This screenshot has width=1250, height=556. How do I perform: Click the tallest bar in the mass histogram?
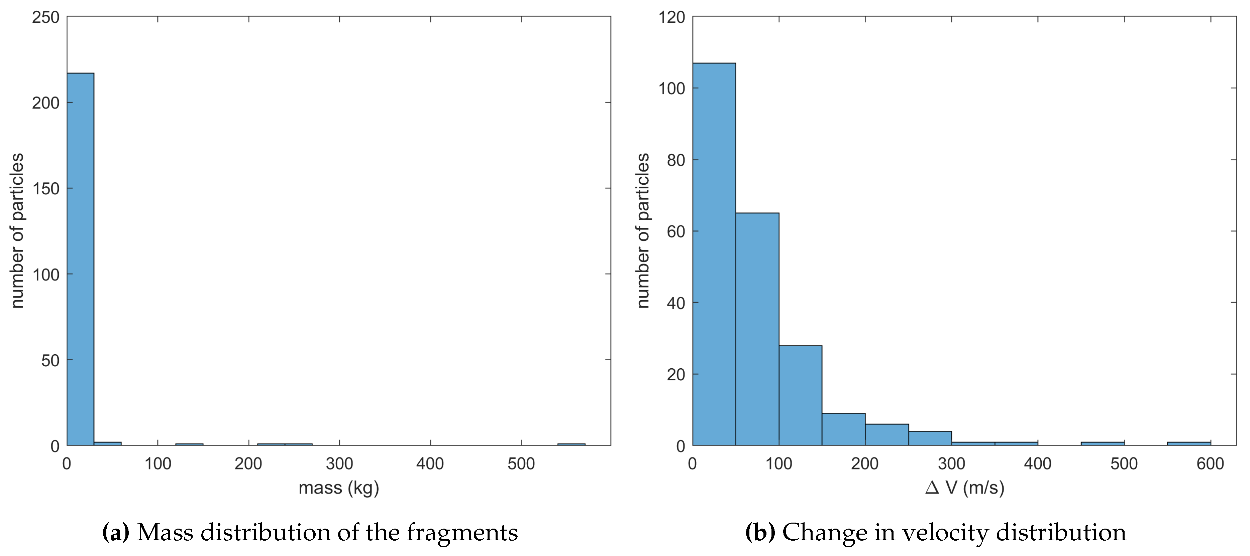point(80,259)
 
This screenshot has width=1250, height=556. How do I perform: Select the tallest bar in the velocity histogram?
point(714,254)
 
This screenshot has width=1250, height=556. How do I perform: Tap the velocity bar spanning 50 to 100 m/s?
point(757,330)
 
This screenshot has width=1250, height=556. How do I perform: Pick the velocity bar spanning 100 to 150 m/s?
point(800,396)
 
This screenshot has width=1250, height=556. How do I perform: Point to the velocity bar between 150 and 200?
point(843,429)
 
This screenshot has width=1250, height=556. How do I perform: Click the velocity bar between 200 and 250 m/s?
point(887,435)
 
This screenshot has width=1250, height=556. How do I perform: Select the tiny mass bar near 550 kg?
point(571,444)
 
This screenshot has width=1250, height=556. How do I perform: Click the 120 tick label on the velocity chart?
point(671,17)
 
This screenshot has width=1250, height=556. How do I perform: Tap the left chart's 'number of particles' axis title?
point(17,231)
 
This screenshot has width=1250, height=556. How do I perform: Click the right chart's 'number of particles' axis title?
point(643,231)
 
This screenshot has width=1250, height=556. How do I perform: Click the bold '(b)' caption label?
point(760,532)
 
